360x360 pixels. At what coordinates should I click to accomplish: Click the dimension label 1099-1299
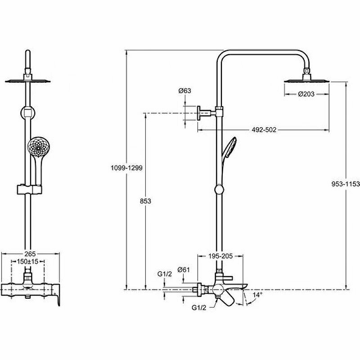[126, 168]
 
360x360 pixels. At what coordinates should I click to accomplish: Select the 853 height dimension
[145, 201]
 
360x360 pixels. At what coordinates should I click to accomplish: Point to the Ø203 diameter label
[306, 94]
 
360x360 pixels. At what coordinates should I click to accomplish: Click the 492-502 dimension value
[263, 130]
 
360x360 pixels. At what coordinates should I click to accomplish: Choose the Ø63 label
[184, 90]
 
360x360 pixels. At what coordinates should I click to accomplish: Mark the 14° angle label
[257, 295]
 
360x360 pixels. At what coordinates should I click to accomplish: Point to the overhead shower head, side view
[306, 81]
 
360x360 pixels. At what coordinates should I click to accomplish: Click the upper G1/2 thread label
[163, 274]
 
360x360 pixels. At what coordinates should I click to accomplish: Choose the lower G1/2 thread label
[198, 308]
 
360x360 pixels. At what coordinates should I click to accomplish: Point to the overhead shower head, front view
[28, 81]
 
